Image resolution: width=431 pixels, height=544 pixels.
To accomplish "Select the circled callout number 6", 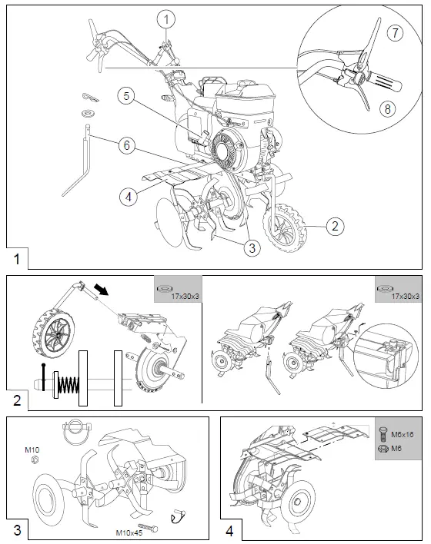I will [129, 144].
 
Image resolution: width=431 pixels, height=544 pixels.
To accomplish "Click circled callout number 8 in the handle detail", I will [389, 108].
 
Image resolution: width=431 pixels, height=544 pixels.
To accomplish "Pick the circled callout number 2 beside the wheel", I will [333, 226].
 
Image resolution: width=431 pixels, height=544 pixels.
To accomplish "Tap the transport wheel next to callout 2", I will [286, 223].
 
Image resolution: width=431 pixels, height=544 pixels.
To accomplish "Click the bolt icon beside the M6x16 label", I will [383, 432].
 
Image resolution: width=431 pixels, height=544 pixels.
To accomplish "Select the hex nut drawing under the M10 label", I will [34, 459].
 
